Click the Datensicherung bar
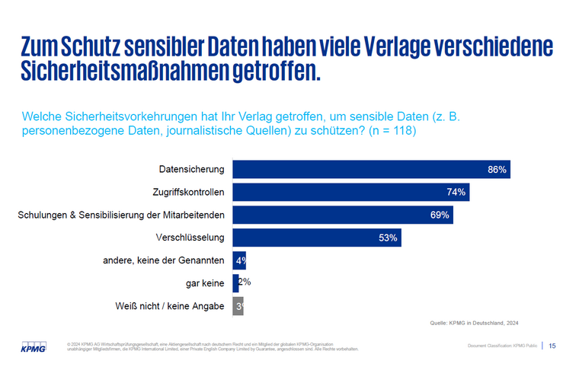coord(371,169)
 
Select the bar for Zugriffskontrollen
coord(350,192)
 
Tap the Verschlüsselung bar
coord(316,238)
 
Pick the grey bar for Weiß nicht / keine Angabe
coord(238,306)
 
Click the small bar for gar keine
coord(235,283)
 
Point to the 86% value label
coord(497,170)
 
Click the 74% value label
coord(456,193)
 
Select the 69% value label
coord(440,215)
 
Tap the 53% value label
coord(388,238)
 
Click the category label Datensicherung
coord(191,169)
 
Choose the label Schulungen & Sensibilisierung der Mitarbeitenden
coord(121,215)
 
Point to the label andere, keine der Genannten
coord(163,260)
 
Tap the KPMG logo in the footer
coord(33,347)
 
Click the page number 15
coord(552,346)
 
